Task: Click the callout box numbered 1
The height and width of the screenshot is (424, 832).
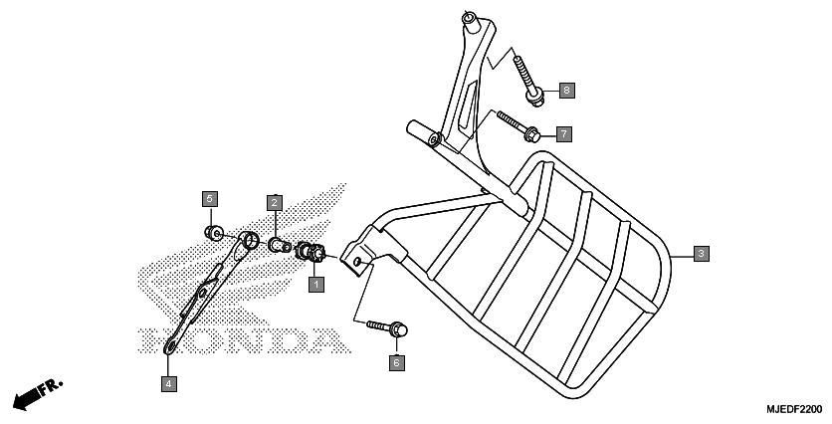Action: point(316,285)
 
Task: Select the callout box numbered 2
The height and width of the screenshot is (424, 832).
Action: point(275,202)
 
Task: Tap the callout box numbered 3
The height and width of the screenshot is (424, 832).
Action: point(701,254)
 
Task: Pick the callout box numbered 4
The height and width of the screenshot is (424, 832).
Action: point(169,383)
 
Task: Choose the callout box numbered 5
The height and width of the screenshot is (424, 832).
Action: point(210,199)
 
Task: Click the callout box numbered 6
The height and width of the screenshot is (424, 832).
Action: point(396,363)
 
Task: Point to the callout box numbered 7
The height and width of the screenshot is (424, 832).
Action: point(564,133)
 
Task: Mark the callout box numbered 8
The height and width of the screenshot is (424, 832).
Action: point(566,91)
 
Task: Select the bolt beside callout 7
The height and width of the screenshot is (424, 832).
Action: point(519,126)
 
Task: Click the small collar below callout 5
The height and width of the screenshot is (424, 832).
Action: point(214,233)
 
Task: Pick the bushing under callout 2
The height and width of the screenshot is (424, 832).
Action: point(280,245)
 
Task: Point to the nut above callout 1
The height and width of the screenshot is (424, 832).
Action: point(311,252)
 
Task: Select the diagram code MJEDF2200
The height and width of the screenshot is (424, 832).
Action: point(794,409)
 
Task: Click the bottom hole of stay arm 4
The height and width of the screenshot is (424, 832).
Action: point(170,347)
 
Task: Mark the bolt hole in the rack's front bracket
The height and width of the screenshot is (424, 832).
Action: point(357,261)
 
